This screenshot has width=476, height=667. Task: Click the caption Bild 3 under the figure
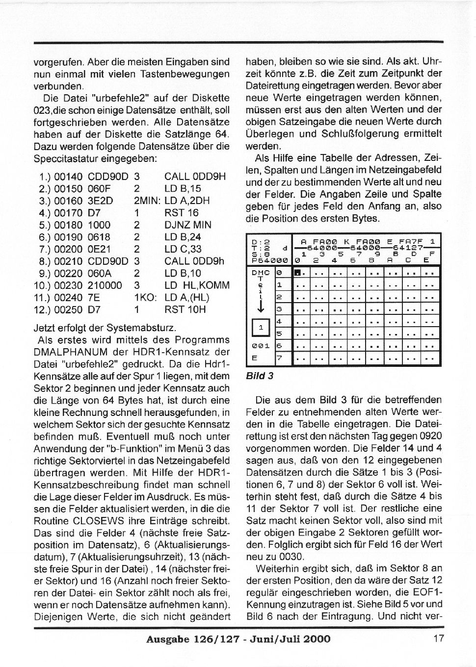coord(260,376)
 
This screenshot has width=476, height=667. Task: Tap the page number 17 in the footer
coord(438,639)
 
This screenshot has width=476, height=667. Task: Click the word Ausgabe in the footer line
coord(167,639)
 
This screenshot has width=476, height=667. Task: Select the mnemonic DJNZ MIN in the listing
coord(188,225)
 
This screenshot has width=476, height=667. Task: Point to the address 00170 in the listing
coord(69,213)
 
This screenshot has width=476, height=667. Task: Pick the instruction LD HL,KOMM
coord(197,285)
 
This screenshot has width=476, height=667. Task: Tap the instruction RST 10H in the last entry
coord(185,309)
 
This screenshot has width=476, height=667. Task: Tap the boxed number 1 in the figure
coord(261,327)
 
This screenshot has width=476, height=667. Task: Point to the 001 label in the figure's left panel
coord(261,345)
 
